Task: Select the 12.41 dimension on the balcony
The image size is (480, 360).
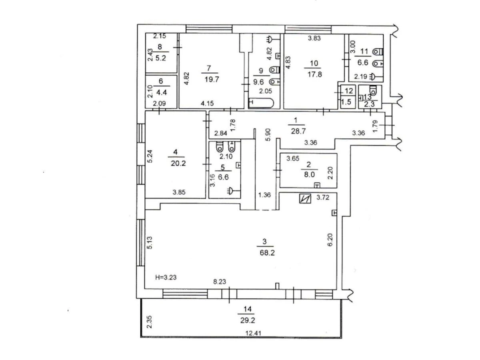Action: pos(255,332)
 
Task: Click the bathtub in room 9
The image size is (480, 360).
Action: pos(261,103)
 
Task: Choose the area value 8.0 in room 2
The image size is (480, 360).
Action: pos(309,174)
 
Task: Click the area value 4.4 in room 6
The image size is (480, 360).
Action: pos(161,92)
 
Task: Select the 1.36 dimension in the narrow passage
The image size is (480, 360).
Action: pos(264,195)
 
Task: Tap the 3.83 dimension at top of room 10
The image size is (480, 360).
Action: pos(314,38)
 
